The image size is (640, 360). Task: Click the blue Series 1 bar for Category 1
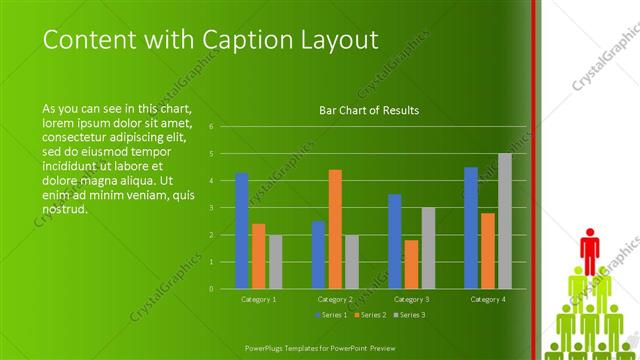point(241,231)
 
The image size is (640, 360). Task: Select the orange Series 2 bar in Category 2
point(335,229)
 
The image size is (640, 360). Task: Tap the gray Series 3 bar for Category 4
point(505,221)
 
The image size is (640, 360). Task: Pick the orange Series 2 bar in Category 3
point(411,264)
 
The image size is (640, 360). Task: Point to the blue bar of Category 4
point(470,228)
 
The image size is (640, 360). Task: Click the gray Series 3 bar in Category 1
point(275,262)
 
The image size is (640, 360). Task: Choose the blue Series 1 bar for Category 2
point(318,255)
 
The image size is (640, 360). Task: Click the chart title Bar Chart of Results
point(368,110)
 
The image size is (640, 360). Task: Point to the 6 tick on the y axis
point(211,127)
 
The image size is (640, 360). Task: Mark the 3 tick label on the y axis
point(211,208)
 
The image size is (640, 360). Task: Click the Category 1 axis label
point(258,299)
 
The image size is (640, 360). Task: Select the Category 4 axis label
point(487,299)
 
